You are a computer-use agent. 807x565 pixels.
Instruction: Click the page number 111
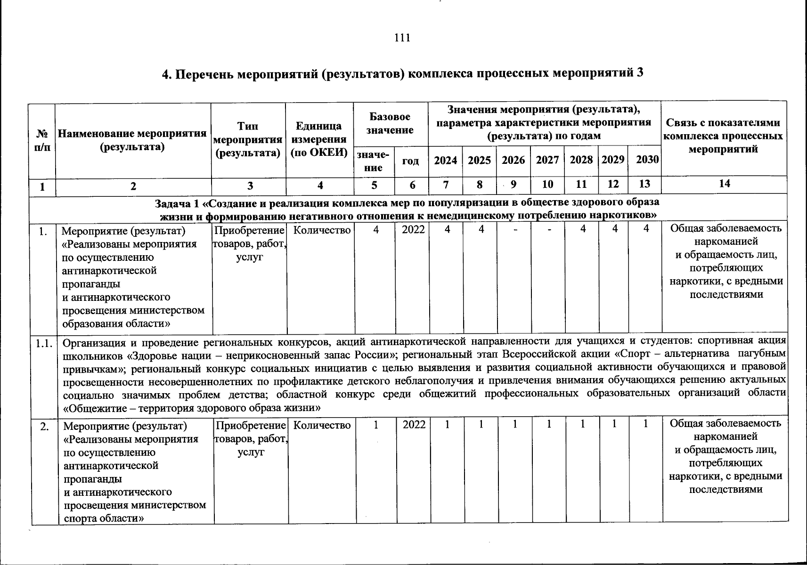(402, 38)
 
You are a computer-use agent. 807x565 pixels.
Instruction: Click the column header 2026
(513, 160)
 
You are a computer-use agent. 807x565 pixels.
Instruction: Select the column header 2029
(613, 160)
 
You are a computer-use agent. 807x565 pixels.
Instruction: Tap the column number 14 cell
(724, 184)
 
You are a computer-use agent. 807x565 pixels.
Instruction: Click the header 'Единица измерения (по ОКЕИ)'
(319, 139)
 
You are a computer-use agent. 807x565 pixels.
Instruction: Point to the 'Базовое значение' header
(390, 123)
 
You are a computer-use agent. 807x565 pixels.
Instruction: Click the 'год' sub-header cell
(410, 161)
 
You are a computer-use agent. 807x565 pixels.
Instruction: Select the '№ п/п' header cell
(42, 140)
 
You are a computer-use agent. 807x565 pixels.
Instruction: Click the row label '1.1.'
(43, 343)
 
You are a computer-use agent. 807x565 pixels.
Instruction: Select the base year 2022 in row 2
(414, 425)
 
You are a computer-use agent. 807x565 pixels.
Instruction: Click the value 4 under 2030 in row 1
(647, 229)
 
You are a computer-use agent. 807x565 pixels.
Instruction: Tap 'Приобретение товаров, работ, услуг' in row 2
(251, 438)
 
